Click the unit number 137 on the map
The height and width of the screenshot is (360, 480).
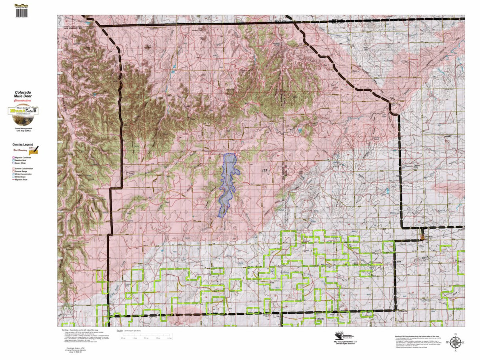point(264,171)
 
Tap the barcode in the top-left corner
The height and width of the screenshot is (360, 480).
point(22,12)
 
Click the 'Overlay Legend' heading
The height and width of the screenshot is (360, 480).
point(23,144)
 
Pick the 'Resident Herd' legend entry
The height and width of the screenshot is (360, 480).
point(23,160)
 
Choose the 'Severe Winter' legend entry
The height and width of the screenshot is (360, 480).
point(22,163)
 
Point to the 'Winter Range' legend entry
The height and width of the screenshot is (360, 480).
point(22,177)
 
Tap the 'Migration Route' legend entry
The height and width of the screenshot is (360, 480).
point(23,180)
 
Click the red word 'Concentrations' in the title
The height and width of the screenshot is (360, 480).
point(23,101)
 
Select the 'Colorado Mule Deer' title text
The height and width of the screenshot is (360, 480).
point(23,94)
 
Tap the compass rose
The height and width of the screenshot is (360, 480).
point(455,342)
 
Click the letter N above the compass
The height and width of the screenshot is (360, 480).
point(455,334)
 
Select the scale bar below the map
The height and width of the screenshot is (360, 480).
point(146,335)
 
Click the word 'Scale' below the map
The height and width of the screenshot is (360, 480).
point(119,331)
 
